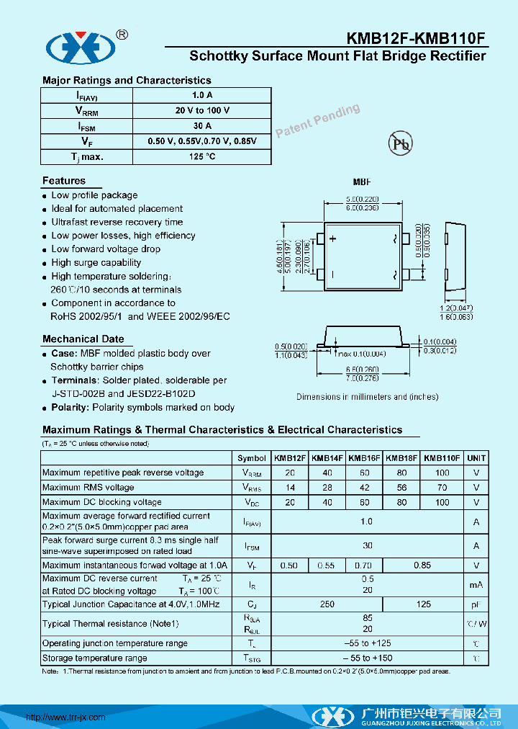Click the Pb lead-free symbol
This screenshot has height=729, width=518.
[x=401, y=143]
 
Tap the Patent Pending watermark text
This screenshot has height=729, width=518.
[x=317, y=120]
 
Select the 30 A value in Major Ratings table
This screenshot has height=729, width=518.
[x=202, y=126]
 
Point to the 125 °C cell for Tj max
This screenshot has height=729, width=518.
[x=202, y=156]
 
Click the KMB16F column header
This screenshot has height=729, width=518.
[x=364, y=458]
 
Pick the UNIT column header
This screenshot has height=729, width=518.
[x=476, y=458]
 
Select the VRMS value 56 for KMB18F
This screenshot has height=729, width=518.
[x=401, y=488]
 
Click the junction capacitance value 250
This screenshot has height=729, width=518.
[x=327, y=604]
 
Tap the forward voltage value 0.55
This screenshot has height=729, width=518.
[x=327, y=566]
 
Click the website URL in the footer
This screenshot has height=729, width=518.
[x=65, y=717]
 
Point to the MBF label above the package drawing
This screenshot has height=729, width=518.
[x=361, y=182]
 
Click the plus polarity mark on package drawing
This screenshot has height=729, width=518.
[x=332, y=239]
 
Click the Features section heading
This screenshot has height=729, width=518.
[x=63, y=181]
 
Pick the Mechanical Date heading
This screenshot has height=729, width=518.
[x=83, y=339]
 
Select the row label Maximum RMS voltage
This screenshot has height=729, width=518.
[x=88, y=488]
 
